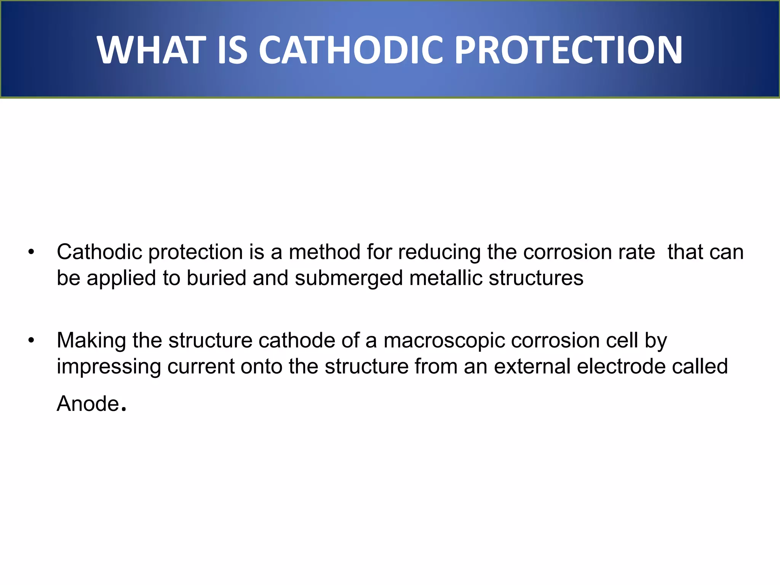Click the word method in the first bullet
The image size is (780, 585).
pyautogui.click(x=324, y=252)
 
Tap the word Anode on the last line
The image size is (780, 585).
pyautogui.click(x=88, y=404)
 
